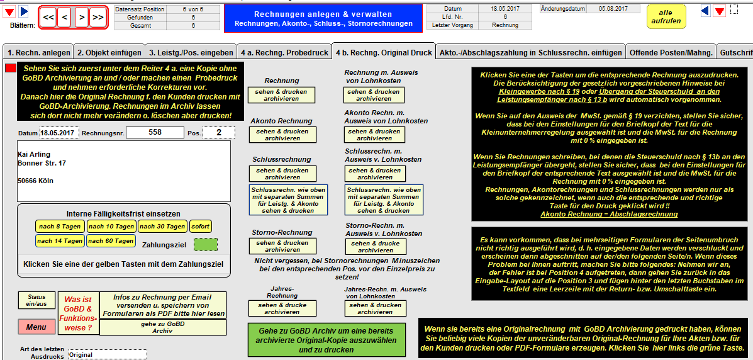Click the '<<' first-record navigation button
pos(48,18)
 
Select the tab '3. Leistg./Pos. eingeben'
pos(191,52)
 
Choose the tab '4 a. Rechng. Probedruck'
pos(285,52)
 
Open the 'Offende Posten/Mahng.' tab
pos(671,52)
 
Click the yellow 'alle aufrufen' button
pos(666,16)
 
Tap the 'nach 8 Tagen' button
pos(60,227)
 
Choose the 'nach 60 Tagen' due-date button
pos(111,241)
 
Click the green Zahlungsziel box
pos(206,245)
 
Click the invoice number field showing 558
pos(155,132)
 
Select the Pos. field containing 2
pos(219,132)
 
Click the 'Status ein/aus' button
pos(36,301)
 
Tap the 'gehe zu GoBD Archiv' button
pos(163,327)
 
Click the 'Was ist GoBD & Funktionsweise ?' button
pos(78,313)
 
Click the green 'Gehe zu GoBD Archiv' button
pos(326,340)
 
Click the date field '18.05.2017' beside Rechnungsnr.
pos(60,133)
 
